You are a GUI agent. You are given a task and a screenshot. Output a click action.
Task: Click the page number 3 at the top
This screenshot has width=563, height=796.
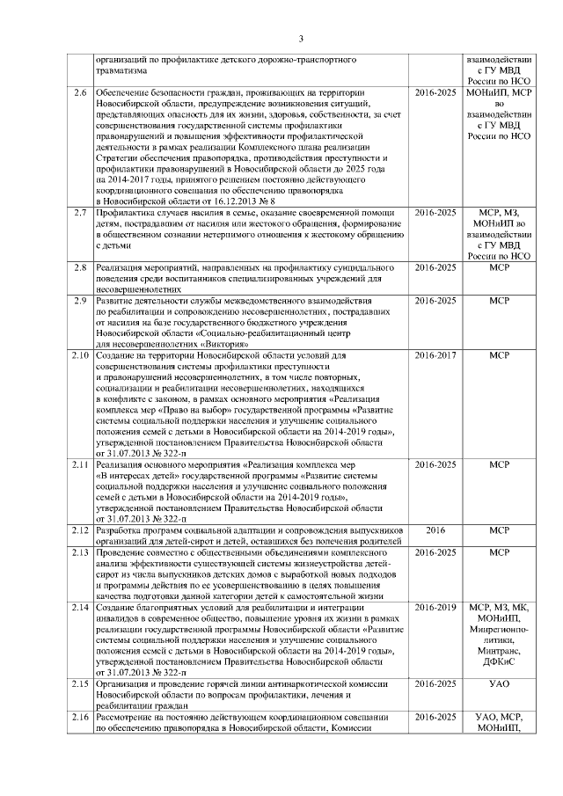click(300, 38)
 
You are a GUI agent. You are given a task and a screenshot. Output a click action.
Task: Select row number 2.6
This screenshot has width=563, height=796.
click(80, 92)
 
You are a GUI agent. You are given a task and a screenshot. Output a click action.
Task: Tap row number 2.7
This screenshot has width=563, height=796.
click(80, 213)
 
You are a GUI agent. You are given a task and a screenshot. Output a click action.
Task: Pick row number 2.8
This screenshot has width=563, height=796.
click(80, 267)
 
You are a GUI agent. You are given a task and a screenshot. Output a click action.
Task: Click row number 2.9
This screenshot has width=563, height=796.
click(80, 301)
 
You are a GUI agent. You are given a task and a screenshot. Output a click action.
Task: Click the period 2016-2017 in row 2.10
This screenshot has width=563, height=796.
click(435, 355)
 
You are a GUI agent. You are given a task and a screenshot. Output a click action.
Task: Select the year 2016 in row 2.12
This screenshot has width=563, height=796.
click(435, 530)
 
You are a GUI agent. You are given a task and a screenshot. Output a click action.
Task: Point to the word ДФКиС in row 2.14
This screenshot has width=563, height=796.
click(499, 662)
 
